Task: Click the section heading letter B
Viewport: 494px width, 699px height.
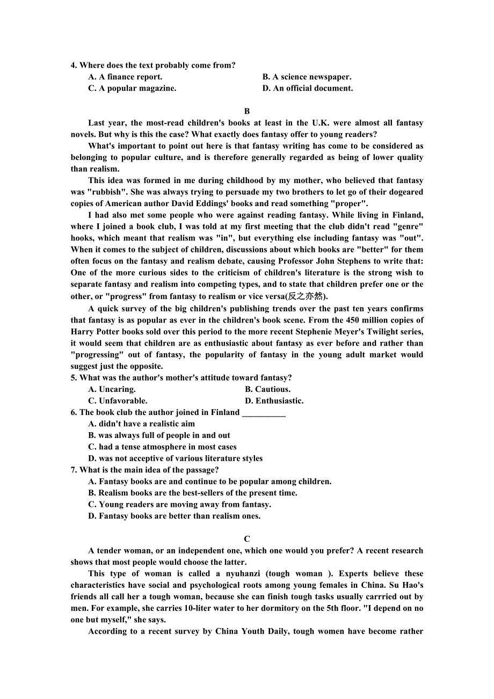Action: tap(247, 111)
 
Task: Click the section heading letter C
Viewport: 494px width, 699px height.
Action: tap(247, 539)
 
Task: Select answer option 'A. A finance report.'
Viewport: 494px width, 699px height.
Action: tap(125, 77)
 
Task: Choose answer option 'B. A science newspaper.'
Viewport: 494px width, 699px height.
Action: tap(307, 77)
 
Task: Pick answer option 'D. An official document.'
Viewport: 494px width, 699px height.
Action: tap(308, 88)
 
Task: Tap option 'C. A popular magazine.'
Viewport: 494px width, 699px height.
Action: tap(132, 88)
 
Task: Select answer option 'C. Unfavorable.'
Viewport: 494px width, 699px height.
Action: tap(118, 401)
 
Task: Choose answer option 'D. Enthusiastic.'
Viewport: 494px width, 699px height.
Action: tap(274, 401)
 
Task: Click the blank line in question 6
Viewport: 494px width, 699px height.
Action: tap(264, 413)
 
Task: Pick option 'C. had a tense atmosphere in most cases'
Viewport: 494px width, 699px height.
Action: tap(162, 447)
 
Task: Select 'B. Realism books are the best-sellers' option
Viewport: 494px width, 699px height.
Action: tap(192, 493)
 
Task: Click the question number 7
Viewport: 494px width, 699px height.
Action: tap(74, 470)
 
